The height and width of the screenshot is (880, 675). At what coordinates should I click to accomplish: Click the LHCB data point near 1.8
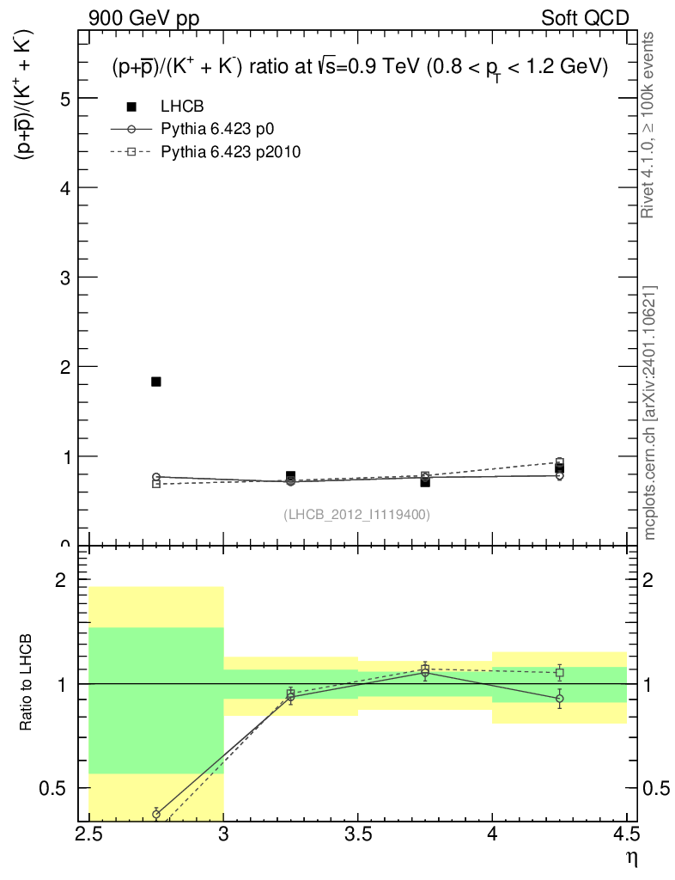pyautogui.click(x=156, y=382)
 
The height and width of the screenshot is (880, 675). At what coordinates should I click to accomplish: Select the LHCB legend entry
pyautogui.click(x=182, y=107)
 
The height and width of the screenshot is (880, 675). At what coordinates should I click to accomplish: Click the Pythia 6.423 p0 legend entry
pyautogui.click(x=222, y=129)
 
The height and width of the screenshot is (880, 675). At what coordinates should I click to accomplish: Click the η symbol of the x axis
pyautogui.click(x=631, y=857)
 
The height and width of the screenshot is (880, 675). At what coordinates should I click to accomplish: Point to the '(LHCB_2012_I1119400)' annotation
pyautogui.click(x=356, y=514)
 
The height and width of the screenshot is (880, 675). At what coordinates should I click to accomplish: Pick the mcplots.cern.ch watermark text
pyautogui.click(x=649, y=412)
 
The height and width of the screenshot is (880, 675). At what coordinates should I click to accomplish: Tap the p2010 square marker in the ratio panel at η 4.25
pyautogui.click(x=559, y=672)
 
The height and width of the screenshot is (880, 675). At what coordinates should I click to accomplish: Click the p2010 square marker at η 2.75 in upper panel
pyautogui.click(x=156, y=484)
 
